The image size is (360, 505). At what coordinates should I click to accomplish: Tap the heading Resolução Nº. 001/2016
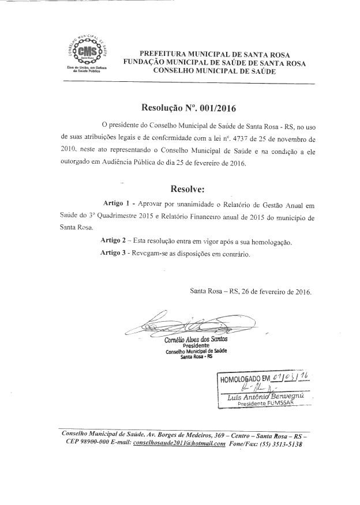180,108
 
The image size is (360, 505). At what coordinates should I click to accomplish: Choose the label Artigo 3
117,253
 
